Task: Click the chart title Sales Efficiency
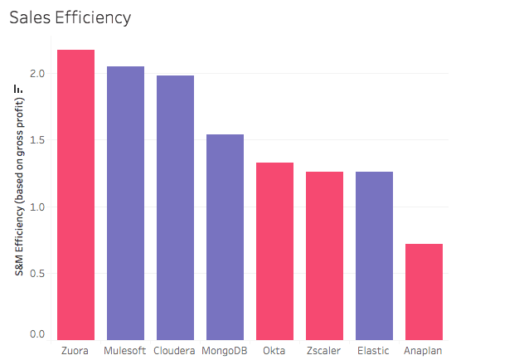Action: tap(70, 17)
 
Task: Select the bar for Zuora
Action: tap(75, 194)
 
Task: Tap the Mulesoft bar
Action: tap(125, 202)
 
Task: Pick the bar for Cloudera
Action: tap(175, 207)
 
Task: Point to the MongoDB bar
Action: tap(225, 236)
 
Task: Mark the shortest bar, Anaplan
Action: tap(424, 291)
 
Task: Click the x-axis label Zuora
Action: tap(75, 350)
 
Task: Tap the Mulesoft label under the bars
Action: tap(125, 350)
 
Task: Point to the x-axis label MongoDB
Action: tap(225, 350)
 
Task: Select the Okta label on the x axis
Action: tap(274, 350)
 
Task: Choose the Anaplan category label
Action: tap(424, 350)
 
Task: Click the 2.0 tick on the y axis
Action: tap(38, 74)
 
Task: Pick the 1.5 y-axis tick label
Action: tap(38, 140)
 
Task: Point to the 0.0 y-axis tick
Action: tap(38, 334)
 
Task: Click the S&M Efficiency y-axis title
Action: tap(18, 198)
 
